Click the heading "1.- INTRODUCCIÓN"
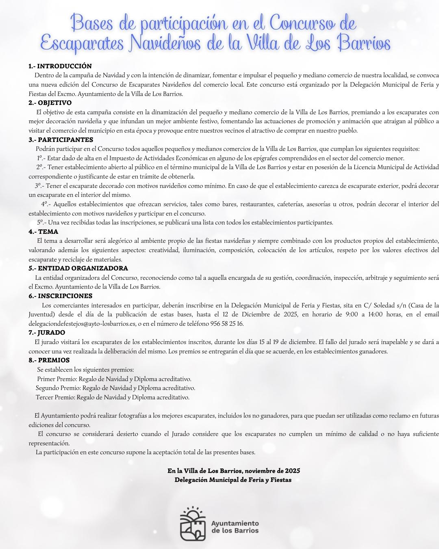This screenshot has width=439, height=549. (60, 66)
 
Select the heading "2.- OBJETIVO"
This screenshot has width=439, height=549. (50, 103)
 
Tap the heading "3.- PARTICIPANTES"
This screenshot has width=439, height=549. (61, 140)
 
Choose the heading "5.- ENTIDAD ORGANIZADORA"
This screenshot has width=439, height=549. (78, 268)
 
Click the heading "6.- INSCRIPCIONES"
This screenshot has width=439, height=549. (60, 296)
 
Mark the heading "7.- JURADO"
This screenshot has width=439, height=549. (47, 333)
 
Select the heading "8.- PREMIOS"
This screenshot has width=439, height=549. (49, 360)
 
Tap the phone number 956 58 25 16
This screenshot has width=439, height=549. (226, 324)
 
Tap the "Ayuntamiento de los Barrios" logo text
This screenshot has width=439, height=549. (235, 527)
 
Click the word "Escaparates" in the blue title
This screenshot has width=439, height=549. (83, 43)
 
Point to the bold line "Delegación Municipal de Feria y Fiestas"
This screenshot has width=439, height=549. (233, 480)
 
